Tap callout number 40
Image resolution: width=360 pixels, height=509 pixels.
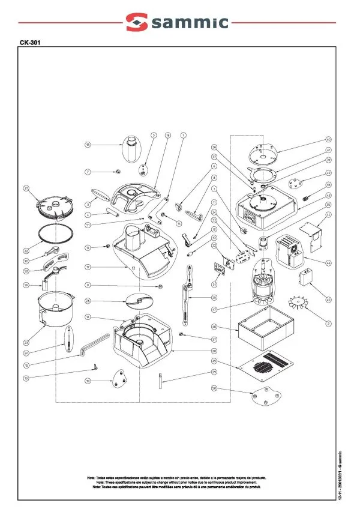(328, 139)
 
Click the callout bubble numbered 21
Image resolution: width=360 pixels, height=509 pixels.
(26, 188)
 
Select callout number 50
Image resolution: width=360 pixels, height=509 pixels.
(214, 388)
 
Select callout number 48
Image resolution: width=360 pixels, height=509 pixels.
(214, 327)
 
